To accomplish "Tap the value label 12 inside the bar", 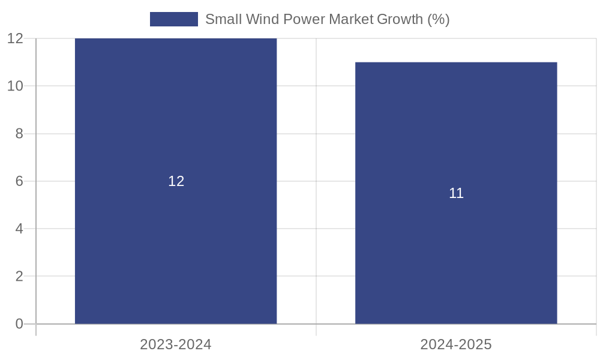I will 176,181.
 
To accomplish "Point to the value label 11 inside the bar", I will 456,193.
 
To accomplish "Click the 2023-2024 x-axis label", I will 176,344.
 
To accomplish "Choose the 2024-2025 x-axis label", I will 456,344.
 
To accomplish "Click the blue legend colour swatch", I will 174,19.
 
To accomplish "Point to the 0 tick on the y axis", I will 19,324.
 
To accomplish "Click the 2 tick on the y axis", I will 19,277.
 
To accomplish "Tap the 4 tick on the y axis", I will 19,229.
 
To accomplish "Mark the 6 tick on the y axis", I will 19,181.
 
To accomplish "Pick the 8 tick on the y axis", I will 19,134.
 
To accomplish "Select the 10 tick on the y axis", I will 15,86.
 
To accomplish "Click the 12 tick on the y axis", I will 15,38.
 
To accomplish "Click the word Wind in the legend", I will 257,19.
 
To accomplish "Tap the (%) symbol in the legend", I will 438,19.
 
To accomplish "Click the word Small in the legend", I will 221,19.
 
